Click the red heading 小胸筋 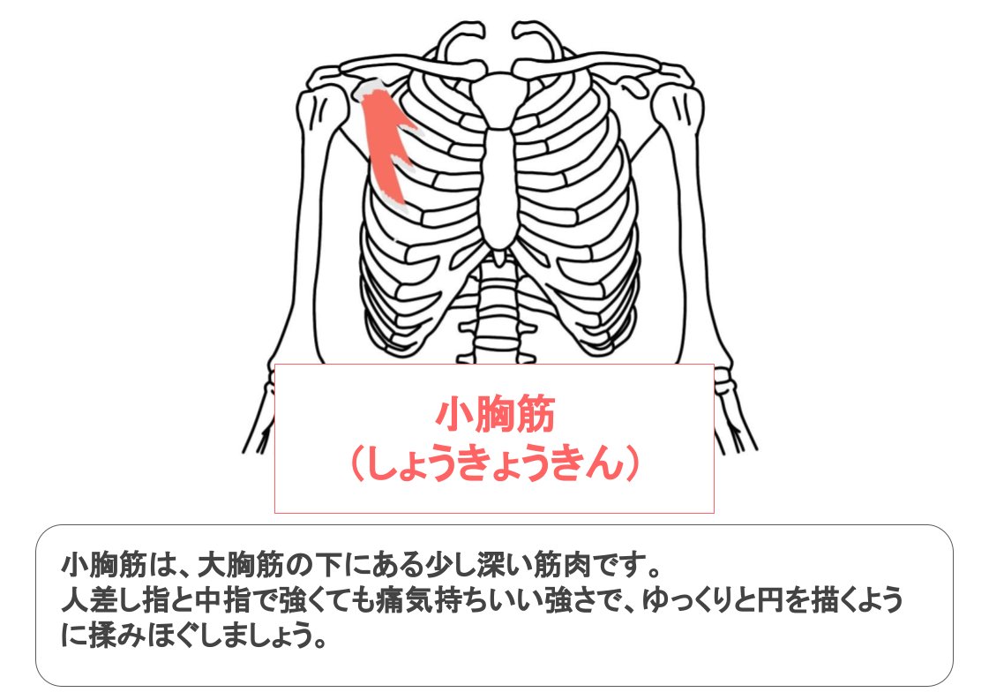[493, 415]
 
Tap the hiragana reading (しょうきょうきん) [493, 462]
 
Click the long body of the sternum [500, 177]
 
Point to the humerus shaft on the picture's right [697, 238]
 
